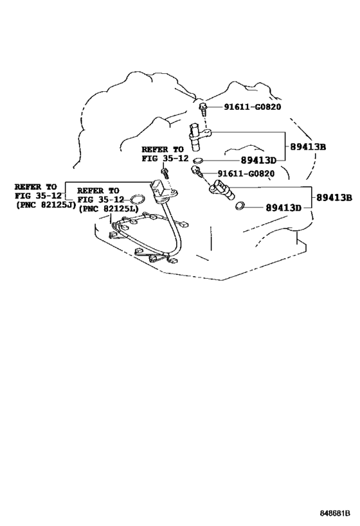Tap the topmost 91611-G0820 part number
(x=253, y=107)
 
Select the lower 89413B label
(x=332, y=198)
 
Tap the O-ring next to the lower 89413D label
(x=240, y=206)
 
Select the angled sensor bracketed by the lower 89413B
(x=220, y=188)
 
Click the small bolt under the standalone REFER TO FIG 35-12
(x=165, y=171)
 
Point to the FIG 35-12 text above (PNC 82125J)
(x=38, y=195)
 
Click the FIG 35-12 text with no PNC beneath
(x=164, y=157)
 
